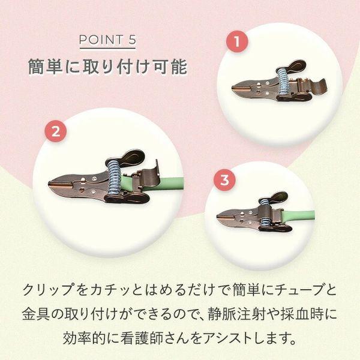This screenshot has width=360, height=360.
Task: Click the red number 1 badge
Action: (237, 42)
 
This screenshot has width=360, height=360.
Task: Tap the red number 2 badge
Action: (56, 131)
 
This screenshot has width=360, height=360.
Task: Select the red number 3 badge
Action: (225, 180)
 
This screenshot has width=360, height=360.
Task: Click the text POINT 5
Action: (107, 40)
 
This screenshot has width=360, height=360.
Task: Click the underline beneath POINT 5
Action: (107, 48)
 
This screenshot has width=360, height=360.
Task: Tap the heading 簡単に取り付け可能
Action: (107, 67)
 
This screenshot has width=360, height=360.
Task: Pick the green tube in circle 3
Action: (298, 216)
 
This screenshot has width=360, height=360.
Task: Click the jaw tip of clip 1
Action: (232, 88)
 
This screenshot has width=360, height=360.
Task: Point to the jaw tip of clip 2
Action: (49, 184)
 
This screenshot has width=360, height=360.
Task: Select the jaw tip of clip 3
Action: (218, 216)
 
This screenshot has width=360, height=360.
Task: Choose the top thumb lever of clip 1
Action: (296, 66)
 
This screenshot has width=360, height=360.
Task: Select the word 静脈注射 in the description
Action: (235, 314)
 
